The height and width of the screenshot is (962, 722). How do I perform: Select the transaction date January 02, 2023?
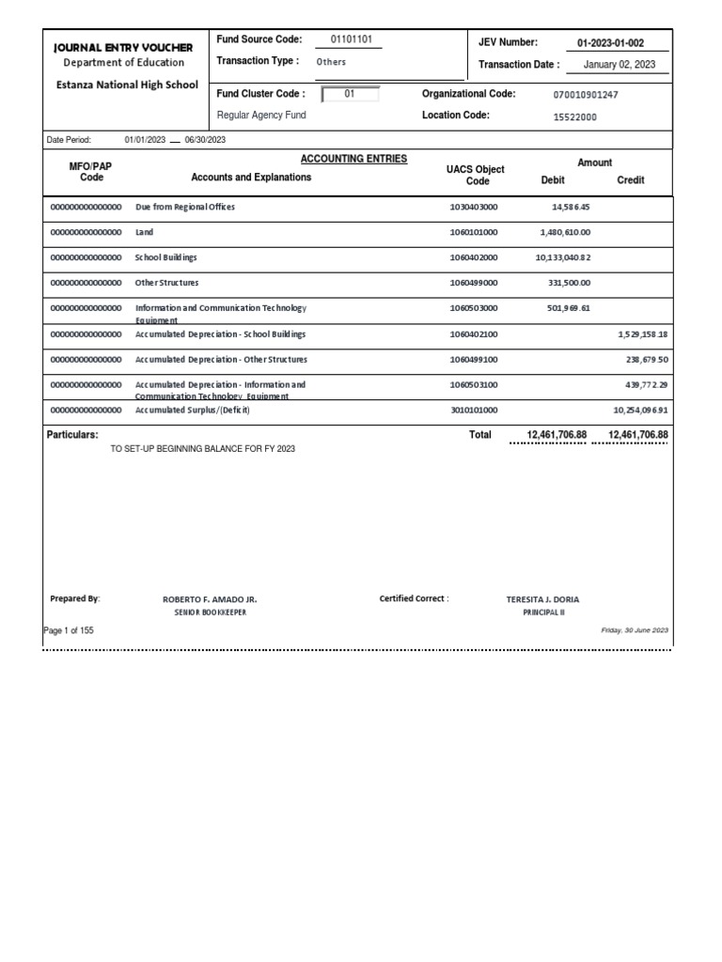620,65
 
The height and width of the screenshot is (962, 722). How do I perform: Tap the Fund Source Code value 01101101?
353,39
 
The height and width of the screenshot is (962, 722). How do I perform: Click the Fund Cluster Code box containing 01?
350,94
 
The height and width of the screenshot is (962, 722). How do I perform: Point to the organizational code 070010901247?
587,95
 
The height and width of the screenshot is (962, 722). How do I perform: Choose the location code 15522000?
574,116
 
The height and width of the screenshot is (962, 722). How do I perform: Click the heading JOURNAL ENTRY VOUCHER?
123,47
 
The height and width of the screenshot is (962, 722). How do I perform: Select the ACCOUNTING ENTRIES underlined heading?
353,159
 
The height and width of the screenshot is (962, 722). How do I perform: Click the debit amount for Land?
565,232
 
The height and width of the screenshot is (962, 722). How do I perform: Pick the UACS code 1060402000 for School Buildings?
474,257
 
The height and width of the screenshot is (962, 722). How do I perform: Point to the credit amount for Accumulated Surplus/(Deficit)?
640,411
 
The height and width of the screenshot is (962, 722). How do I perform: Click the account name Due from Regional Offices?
185,207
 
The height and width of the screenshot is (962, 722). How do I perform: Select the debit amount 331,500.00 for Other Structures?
569,283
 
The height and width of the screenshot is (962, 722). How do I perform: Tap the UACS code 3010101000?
474,411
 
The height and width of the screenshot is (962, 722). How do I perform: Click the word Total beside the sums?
480,435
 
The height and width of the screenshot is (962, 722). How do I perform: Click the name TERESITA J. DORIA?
542,598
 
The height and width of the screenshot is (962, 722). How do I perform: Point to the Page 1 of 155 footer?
70,630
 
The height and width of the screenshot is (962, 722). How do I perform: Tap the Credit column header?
630,179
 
